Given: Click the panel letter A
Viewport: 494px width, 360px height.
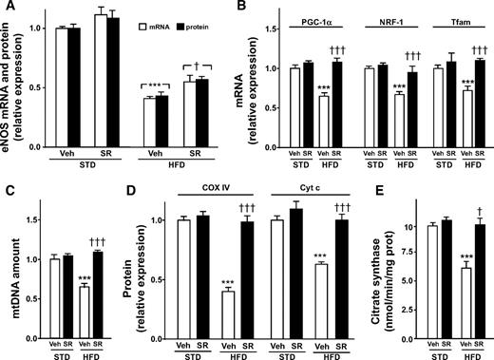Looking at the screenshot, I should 9,9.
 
